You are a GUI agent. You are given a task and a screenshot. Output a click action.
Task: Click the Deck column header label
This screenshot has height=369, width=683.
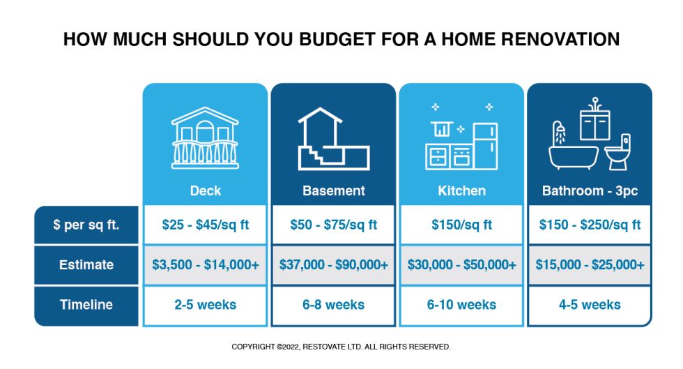(205, 190)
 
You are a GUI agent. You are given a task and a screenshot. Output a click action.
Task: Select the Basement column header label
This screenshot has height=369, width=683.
(334, 190)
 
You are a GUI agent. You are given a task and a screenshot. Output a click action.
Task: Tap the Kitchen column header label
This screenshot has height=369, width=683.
(461, 190)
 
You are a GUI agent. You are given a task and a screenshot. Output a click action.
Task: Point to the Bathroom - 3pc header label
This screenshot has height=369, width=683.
(590, 190)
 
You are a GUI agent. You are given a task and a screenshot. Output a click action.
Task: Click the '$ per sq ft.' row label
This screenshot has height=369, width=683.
(86, 225)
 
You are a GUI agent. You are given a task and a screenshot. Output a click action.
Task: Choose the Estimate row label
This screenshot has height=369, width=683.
(86, 265)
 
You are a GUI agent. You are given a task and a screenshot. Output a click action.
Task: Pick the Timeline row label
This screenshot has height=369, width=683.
(86, 304)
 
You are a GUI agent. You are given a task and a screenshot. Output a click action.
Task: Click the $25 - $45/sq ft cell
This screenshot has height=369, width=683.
(205, 225)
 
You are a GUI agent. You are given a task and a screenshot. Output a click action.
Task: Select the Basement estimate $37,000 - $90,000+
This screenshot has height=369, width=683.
(334, 265)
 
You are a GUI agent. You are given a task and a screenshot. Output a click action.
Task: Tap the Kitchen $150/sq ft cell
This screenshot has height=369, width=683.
(461, 225)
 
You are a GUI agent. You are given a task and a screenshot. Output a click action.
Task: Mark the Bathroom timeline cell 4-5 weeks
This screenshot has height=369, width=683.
(590, 304)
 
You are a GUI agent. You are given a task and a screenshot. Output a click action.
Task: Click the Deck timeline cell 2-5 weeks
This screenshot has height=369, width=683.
(205, 304)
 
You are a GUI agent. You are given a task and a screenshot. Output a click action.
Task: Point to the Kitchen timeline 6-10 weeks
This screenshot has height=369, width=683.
(461, 304)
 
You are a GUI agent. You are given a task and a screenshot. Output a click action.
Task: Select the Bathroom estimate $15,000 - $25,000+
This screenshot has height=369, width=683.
(590, 265)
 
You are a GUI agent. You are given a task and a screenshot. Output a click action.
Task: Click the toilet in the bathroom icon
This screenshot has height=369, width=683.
(618, 152)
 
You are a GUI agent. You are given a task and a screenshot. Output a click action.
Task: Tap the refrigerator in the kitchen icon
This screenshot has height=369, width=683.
(486, 146)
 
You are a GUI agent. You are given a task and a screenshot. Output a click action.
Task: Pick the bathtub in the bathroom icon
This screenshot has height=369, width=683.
(573, 158)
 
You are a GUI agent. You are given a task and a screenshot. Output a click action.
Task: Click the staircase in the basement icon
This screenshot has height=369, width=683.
(321, 156)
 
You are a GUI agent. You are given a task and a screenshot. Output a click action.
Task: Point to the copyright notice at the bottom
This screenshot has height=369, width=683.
(341, 347)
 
